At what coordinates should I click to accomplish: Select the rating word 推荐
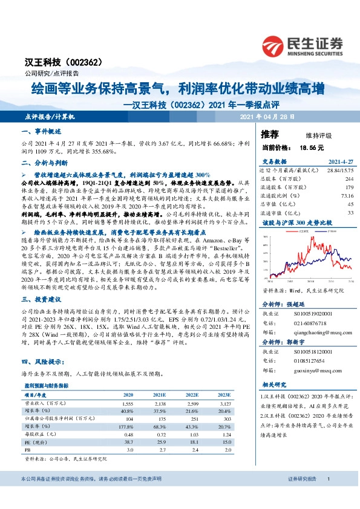tap(270, 134)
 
